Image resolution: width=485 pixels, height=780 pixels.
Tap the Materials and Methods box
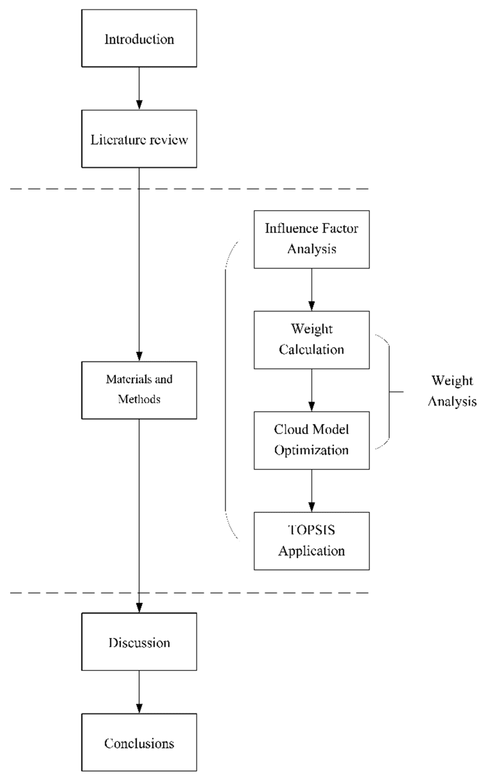139,390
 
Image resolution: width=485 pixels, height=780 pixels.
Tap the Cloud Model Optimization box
312,440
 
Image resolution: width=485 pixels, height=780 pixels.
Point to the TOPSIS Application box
312,541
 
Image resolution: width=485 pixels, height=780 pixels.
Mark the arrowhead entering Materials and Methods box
139,356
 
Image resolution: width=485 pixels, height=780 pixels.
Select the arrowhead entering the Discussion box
139,608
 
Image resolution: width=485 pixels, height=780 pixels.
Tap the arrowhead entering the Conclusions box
139,708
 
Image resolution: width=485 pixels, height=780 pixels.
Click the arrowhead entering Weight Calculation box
312,306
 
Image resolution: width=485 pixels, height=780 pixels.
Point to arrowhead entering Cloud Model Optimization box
312,406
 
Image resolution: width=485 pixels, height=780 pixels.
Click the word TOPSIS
312,530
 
